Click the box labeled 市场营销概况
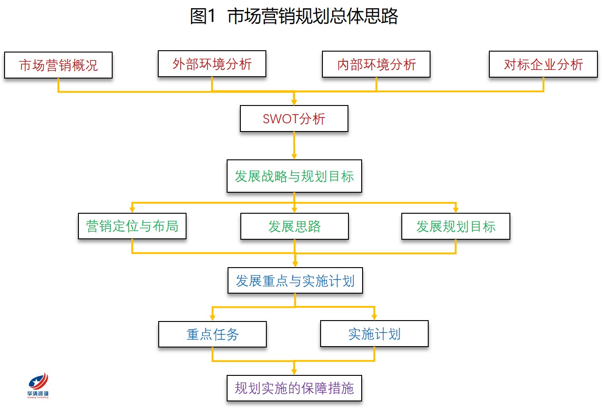click(x=58, y=65)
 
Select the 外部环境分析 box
click(x=212, y=64)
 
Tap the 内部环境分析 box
click(x=376, y=64)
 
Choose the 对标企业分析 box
click(x=544, y=64)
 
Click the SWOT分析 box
click(x=294, y=119)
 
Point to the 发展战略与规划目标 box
click(x=294, y=176)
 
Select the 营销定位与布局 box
click(x=132, y=226)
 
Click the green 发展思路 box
click(x=295, y=227)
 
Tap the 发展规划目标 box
click(x=456, y=227)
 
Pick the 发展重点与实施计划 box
click(x=295, y=280)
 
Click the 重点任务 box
click(x=213, y=334)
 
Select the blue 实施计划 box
click(x=374, y=334)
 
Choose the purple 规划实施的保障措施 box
click(x=294, y=388)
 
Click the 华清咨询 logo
click(x=38, y=385)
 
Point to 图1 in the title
click(x=203, y=16)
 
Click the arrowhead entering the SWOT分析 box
click(x=294, y=102)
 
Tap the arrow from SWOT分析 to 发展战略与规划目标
click(x=294, y=146)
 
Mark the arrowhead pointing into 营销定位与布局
click(x=132, y=210)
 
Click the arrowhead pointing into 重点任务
click(x=213, y=317)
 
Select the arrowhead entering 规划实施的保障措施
click(x=294, y=372)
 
